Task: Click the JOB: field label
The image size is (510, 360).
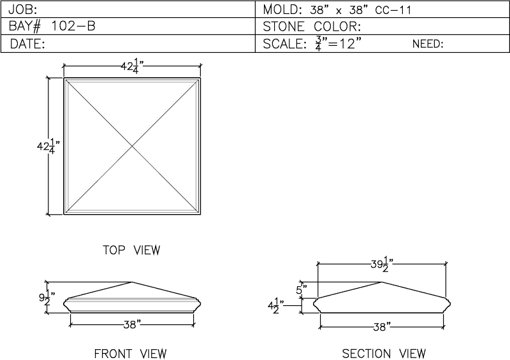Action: pos(23,10)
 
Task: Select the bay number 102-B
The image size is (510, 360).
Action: pos(73,26)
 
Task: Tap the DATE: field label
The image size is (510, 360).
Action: pos(27,43)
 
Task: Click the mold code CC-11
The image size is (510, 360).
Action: pos(393,10)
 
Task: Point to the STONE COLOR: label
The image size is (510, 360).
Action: pos(312,27)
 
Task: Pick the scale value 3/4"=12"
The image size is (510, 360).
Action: pos(339,44)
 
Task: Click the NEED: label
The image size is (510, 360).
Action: pos(428,44)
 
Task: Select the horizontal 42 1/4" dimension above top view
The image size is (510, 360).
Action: pos(133,66)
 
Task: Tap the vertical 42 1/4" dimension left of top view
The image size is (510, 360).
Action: pos(48,147)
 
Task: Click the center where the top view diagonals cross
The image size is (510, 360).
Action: pos(133,147)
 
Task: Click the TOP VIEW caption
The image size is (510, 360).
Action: pos(132,250)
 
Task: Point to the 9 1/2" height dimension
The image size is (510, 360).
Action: pos(47,298)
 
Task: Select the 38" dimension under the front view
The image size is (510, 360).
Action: pos(132,324)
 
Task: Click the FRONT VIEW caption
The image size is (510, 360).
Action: pos(131,354)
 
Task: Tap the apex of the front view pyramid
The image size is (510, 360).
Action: pos(132,282)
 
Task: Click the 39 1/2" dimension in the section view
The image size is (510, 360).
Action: pos(382,264)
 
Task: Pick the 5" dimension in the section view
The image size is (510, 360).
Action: pos(301,289)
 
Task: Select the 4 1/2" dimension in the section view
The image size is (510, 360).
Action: pos(276,306)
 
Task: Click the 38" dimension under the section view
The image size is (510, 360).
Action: pos(382,327)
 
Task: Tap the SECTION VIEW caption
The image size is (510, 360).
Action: pos(384,354)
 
